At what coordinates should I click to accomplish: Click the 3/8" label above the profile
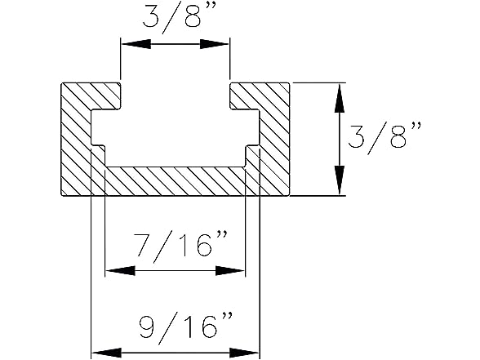[x=175, y=16]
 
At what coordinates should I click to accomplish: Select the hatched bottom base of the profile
[x=176, y=181]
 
